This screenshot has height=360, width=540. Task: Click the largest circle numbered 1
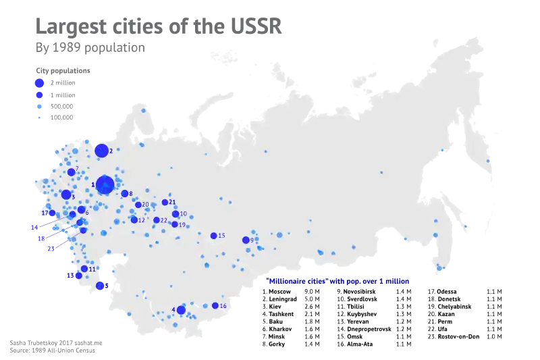pyautogui.click(x=105, y=184)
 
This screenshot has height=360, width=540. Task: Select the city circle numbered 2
pyautogui.click(x=101, y=151)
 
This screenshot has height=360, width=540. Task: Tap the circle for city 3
pyautogui.click(x=65, y=195)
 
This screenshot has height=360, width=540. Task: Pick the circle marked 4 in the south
pyautogui.click(x=181, y=310)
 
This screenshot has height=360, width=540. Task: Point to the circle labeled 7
pyautogui.click(x=71, y=172)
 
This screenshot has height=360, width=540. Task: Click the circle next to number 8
pyautogui.click(x=124, y=194)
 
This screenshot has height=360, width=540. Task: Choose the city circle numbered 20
pyautogui.click(x=138, y=205)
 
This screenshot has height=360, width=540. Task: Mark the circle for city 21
pyautogui.click(x=165, y=202)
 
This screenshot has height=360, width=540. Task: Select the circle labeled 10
pyautogui.click(x=175, y=214)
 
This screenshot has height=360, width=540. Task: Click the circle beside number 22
pyautogui.click(x=156, y=220)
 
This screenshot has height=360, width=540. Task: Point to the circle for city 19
pyautogui.click(x=174, y=224)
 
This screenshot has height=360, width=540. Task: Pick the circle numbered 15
pyautogui.click(x=213, y=236)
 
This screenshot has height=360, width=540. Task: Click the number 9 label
pyautogui.click(x=252, y=240)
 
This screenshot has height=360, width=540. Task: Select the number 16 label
pyautogui.click(x=223, y=306)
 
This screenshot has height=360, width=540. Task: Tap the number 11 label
pyautogui.click(x=92, y=269)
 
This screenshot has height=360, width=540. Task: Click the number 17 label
pyautogui.click(x=44, y=213)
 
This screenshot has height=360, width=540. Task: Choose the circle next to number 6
pyautogui.click(x=81, y=210)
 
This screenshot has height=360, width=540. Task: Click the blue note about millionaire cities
pyautogui.click(x=337, y=280)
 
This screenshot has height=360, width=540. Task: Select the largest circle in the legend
pyautogui.click(x=39, y=83)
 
